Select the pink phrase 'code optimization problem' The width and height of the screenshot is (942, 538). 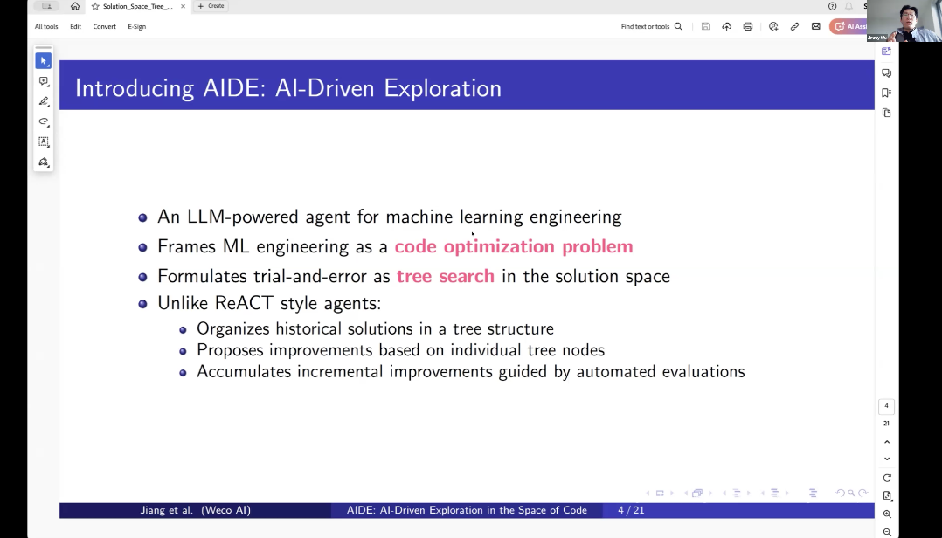click(513, 246)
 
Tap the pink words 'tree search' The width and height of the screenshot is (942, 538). click(445, 276)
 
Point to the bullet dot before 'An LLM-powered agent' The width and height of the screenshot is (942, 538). click(142, 217)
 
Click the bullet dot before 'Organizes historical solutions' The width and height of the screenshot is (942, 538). click(183, 329)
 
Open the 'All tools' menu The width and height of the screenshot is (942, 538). click(46, 26)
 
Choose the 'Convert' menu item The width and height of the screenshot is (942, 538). click(104, 26)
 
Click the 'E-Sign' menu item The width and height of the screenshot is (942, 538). click(136, 26)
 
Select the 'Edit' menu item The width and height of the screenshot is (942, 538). click(75, 26)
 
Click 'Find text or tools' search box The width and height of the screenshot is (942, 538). click(651, 26)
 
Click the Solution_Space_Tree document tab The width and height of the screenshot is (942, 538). click(136, 6)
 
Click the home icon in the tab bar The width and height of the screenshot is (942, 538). click(75, 6)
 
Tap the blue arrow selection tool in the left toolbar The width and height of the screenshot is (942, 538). click(43, 60)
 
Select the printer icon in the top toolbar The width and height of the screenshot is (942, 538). click(747, 26)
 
